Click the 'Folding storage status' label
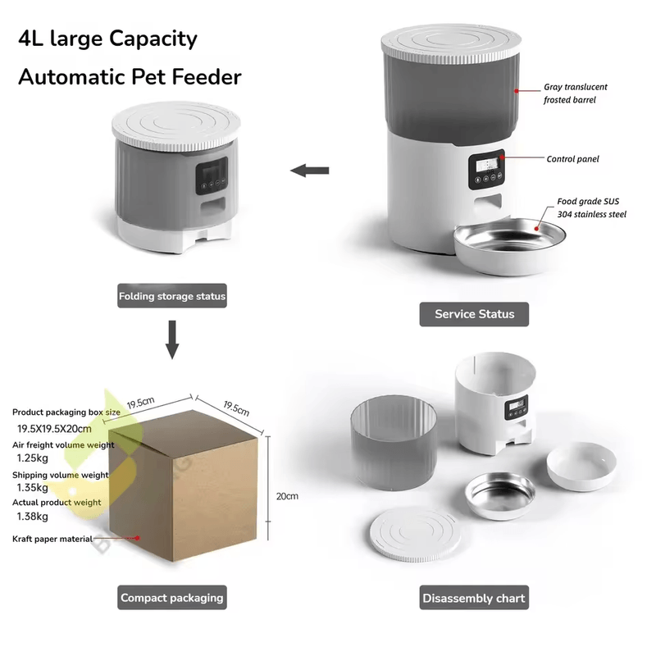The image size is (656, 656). [172, 296]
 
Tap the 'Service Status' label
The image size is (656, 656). [474, 314]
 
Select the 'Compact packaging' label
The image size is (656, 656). [172, 598]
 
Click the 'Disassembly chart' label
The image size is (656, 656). [474, 598]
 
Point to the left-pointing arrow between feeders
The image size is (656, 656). [310, 171]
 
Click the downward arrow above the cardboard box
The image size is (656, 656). [172, 339]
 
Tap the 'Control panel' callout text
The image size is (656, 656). [572, 159]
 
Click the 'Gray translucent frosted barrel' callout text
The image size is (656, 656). [576, 93]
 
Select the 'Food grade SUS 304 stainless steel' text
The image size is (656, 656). [591, 208]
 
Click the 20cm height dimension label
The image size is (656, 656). [287, 496]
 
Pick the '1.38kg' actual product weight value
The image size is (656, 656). [33, 517]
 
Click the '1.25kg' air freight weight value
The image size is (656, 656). [33, 458]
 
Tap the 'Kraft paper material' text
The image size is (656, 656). [52, 539]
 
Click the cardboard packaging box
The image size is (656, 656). [183, 485]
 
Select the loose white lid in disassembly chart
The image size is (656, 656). [415, 535]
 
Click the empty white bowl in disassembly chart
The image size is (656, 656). [581, 466]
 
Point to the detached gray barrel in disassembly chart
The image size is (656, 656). [394, 443]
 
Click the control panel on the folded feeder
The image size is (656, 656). [212, 175]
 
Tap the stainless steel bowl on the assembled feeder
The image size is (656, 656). [510, 246]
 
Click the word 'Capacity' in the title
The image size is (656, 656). [153, 39]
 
